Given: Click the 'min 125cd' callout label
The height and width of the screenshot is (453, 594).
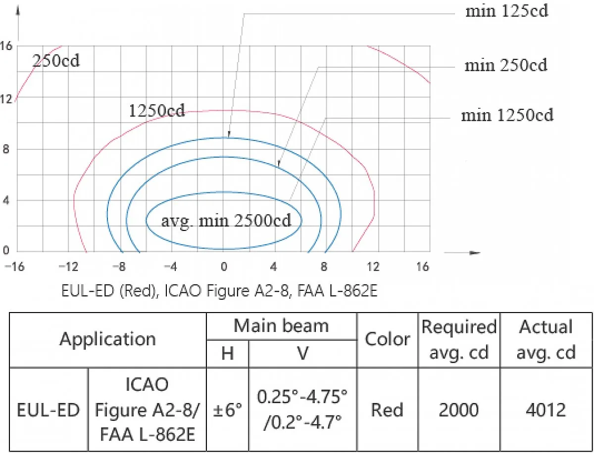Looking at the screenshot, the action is (x=506, y=11).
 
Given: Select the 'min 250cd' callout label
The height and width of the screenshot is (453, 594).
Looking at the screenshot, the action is (x=506, y=65).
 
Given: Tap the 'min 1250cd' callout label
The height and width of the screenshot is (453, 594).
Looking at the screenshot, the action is (x=507, y=115).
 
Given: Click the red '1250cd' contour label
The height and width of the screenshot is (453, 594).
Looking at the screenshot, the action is (x=157, y=111).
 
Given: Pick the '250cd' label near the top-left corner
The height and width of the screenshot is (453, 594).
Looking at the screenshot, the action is (x=56, y=60).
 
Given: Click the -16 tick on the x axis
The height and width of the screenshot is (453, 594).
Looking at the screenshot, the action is (x=15, y=267).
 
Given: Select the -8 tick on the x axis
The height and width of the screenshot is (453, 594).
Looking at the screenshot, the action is (x=119, y=267).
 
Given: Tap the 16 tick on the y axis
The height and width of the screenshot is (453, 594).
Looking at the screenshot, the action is (x=6, y=46).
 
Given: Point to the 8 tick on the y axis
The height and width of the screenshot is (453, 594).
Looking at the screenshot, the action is (x=6, y=149).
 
